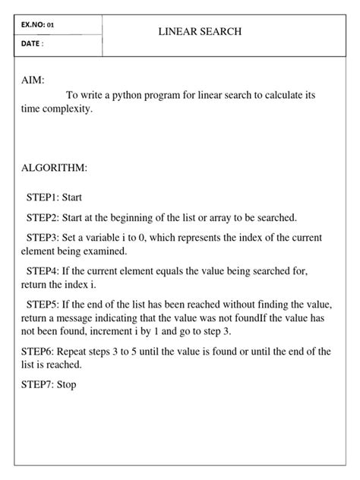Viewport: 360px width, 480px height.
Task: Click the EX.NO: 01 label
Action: (x=38, y=25)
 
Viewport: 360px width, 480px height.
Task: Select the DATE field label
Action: (x=33, y=45)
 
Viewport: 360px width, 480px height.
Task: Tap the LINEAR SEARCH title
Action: (x=200, y=32)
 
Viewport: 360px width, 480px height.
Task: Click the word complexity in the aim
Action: (x=69, y=109)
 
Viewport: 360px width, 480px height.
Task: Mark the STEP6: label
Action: (x=41, y=351)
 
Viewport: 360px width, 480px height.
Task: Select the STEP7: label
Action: (x=41, y=384)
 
